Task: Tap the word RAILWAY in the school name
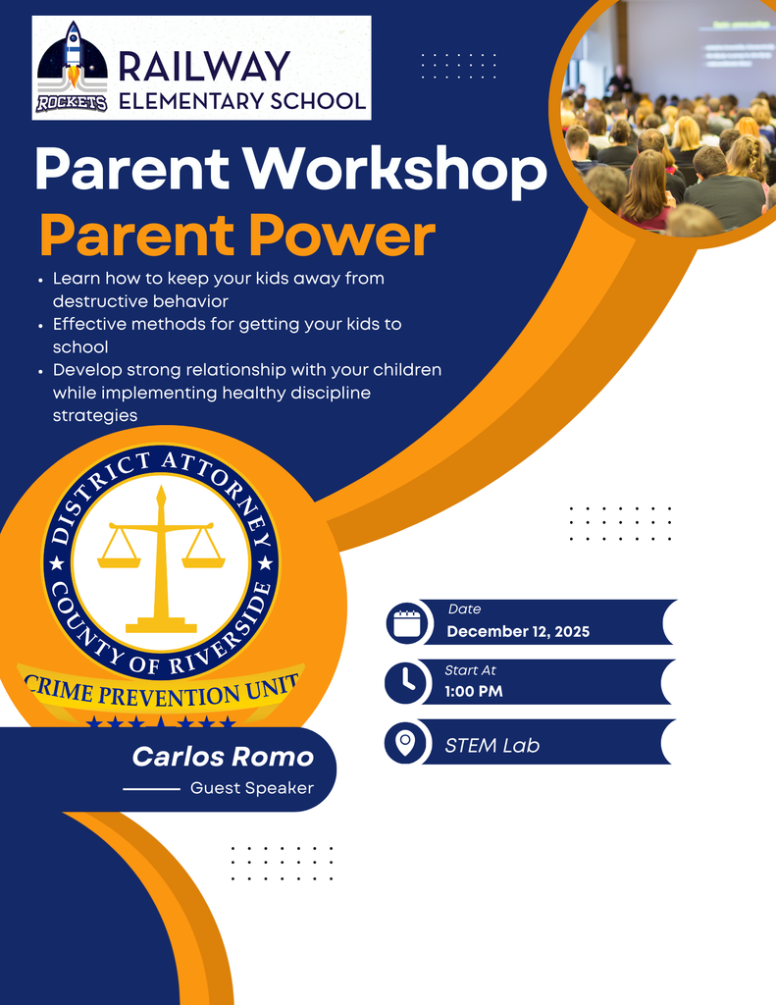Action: click(x=204, y=66)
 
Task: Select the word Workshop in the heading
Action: click(x=405, y=171)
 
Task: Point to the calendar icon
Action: click(x=406, y=622)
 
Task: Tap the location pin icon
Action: click(x=406, y=742)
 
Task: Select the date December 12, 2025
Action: click(x=518, y=631)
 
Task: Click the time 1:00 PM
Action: click(x=474, y=691)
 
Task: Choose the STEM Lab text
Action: click(x=491, y=745)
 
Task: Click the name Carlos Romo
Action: click(x=223, y=757)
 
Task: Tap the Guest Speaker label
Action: click(x=252, y=788)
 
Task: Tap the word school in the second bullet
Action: click(x=80, y=346)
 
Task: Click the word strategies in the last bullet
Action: click(x=95, y=415)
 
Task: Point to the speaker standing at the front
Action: click(x=618, y=79)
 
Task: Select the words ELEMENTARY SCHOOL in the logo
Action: click(x=242, y=99)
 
